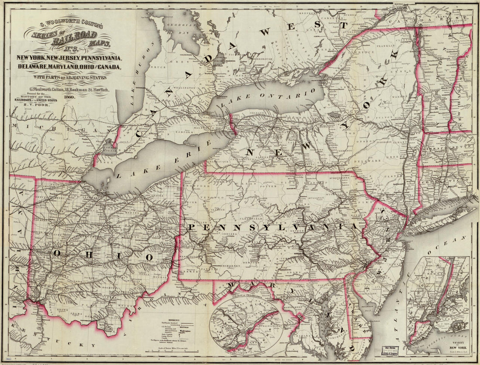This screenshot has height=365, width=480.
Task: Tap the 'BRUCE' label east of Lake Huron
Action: point(156,68)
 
